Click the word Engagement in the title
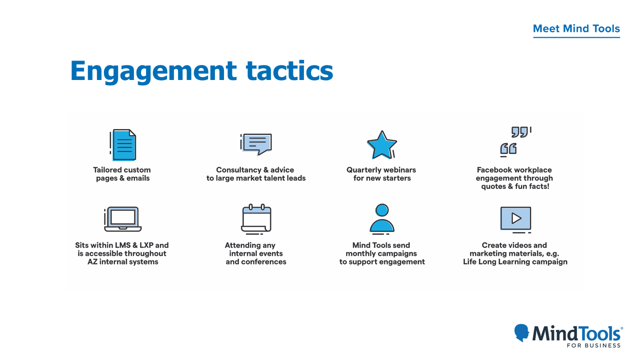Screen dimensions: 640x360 click(x=153, y=71)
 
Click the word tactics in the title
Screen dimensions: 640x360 click(x=289, y=70)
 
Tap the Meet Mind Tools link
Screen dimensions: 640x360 click(x=576, y=28)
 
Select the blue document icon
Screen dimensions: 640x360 click(x=123, y=144)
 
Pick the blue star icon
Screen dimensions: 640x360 click(x=381, y=145)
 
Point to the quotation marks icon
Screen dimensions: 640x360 click(x=515, y=141)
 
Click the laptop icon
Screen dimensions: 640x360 click(x=123, y=219)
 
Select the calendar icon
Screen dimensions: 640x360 click(x=256, y=219)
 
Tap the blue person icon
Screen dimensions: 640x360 click(x=382, y=218)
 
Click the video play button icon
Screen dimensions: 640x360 click(x=515, y=219)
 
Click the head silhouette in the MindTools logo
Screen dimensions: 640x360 click(x=521, y=332)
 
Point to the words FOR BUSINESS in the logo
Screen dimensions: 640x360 click(x=593, y=345)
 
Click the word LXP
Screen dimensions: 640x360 click(x=146, y=245)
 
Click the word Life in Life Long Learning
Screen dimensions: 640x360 click(x=469, y=262)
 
